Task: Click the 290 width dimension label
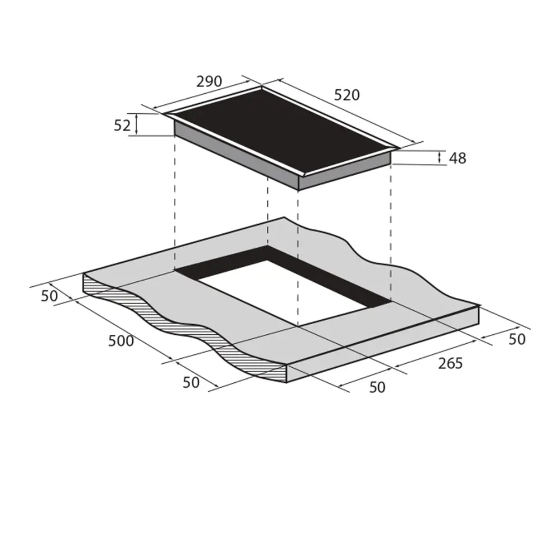(x=209, y=81)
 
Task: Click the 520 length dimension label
(x=347, y=95)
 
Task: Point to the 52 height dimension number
(x=122, y=125)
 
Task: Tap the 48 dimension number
(x=458, y=158)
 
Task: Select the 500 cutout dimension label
(x=121, y=341)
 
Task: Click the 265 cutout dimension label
(x=450, y=363)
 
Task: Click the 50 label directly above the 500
(x=49, y=296)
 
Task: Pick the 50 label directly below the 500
(x=191, y=383)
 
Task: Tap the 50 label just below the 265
(x=377, y=387)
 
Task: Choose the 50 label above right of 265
(x=517, y=339)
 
